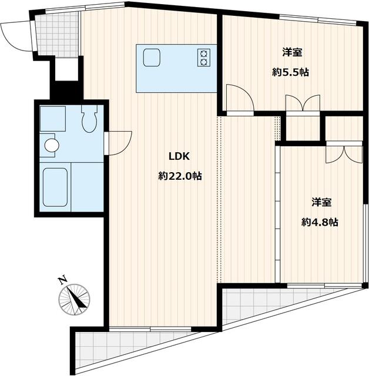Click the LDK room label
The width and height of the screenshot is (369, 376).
(x=179, y=157)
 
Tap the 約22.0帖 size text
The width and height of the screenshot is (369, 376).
(x=180, y=176)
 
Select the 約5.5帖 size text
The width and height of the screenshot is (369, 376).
(x=290, y=72)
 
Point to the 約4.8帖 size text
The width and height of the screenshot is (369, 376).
(x=320, y=222)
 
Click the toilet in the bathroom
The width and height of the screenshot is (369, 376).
(x=89, y=119)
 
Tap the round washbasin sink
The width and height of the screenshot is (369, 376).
(x=52, y=145)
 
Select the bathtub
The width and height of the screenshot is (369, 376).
(x=55, y=187)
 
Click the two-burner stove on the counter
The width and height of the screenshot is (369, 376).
(x=204, y=58)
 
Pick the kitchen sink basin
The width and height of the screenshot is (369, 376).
(x=152, y=57)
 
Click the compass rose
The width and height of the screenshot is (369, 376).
(x=74, y=299)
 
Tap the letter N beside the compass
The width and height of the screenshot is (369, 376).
(x=63, y=280)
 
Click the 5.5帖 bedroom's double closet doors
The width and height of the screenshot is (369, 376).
(x=303, y=103)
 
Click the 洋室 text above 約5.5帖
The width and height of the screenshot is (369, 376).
(x=292, y=52)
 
